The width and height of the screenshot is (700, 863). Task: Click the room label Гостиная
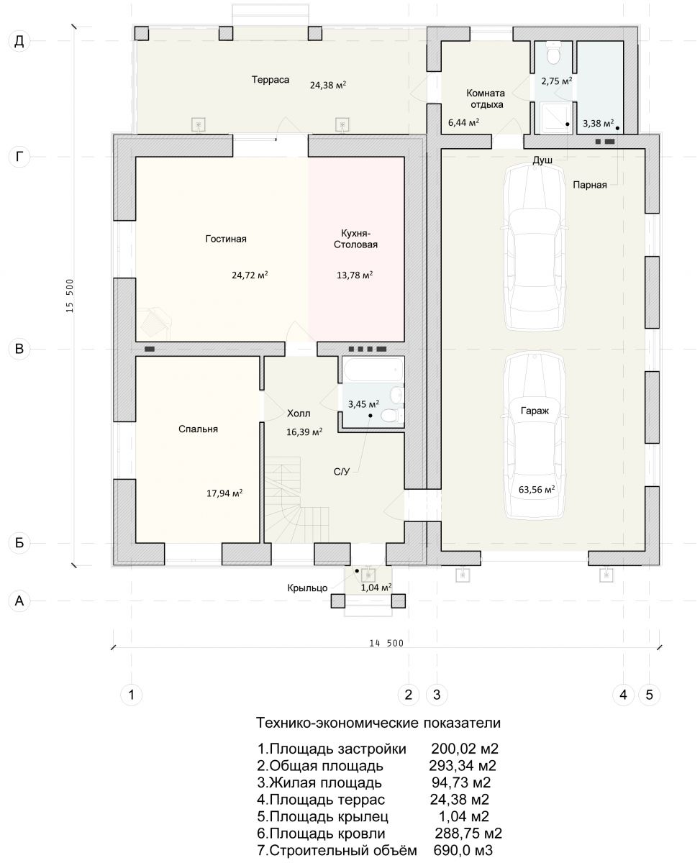226,239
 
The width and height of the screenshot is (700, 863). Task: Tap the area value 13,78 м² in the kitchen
355,275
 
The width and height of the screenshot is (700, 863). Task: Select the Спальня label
199,429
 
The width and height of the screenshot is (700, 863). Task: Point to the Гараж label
535,411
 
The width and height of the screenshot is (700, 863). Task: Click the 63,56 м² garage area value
537,490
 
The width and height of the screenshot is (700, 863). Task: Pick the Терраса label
271,79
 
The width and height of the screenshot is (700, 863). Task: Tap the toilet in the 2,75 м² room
553,53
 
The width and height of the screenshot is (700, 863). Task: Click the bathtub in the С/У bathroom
373,370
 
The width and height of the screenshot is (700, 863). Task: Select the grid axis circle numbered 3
437,695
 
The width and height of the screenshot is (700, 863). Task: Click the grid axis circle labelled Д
19,41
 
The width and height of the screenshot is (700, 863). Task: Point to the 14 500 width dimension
386,644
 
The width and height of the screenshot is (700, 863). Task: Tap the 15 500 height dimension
70,296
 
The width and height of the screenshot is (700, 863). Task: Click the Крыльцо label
307,588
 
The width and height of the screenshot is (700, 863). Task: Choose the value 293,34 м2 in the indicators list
463,766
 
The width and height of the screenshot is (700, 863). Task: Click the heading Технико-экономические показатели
378,723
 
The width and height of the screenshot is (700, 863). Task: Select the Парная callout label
590,185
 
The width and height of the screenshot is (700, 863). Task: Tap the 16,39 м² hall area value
304,432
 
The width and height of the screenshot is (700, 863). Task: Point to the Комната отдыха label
486,99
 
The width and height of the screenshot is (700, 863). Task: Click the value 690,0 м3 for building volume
463,851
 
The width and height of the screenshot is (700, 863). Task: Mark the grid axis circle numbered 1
131,695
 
